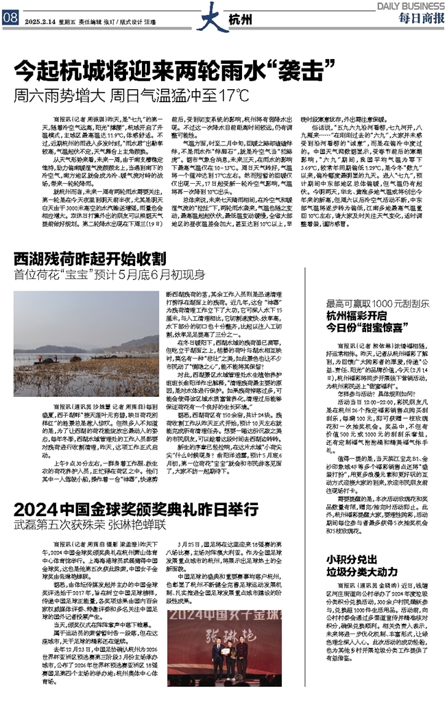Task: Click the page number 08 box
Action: click(10, 19)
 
